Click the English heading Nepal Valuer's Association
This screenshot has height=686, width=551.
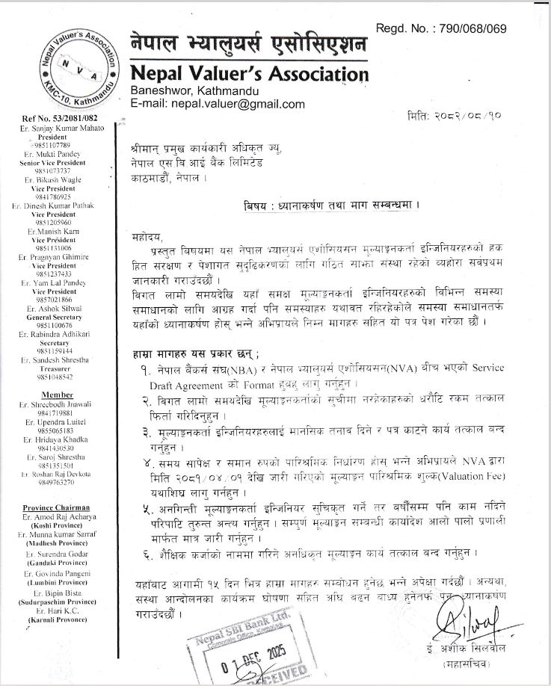tap(249, 74)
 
